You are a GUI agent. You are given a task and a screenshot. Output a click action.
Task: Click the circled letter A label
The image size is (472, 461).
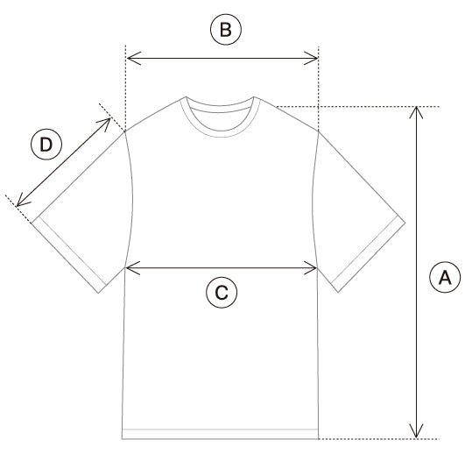445,277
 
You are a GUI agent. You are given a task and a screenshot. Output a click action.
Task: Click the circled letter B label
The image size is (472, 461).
226,30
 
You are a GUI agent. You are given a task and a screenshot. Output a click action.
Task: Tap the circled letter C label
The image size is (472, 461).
222,292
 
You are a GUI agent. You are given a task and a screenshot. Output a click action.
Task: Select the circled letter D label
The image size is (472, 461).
46,145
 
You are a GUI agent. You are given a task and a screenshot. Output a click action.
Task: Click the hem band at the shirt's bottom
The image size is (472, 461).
220,434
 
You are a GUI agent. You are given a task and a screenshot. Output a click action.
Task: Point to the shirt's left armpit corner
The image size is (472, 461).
125,267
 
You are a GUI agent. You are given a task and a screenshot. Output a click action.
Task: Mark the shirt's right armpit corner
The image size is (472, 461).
318,267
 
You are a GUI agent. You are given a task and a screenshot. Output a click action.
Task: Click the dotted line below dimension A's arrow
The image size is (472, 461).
378,439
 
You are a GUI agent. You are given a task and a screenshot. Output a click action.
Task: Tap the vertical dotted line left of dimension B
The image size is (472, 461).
125,88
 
